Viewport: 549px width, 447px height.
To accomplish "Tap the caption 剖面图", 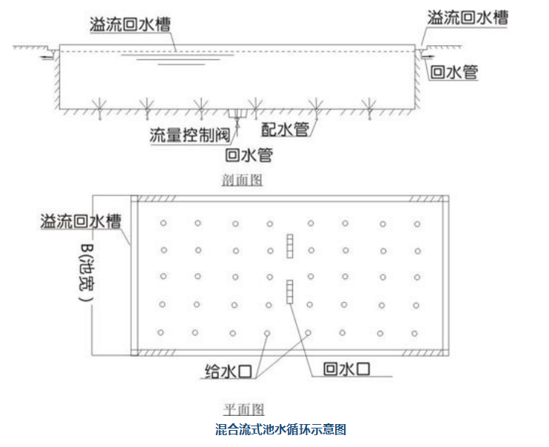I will (242, 180).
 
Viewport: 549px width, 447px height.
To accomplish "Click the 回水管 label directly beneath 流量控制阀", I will (249, 155).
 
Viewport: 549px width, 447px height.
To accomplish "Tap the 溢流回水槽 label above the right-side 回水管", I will (467, 19).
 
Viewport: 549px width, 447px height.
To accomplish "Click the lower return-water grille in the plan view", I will (291, 291).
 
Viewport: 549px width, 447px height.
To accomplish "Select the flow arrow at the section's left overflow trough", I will (47, 54).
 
